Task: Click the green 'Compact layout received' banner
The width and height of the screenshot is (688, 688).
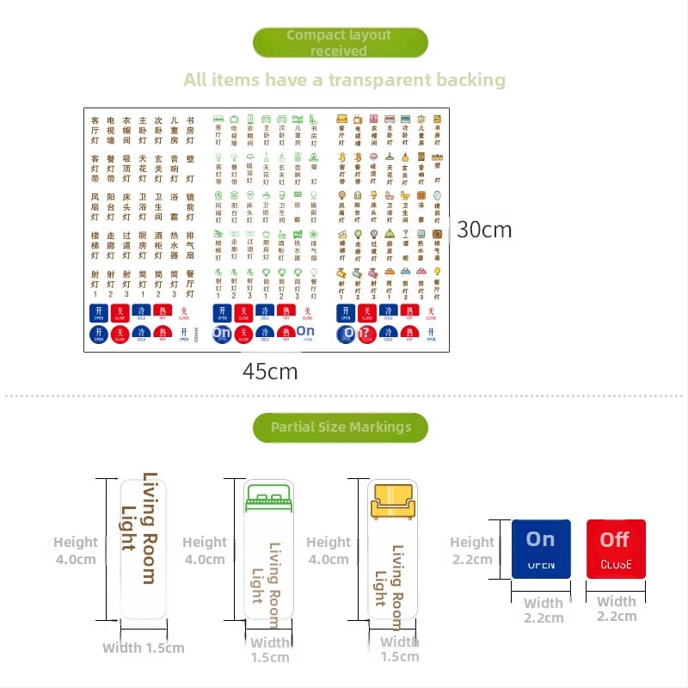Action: pyautogui.click(x=340, y=43)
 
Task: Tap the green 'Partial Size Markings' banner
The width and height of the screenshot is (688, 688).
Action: pyautogui.click(x=341, y=427)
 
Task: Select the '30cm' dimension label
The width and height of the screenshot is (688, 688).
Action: pyautogui.click(x=484, y=230)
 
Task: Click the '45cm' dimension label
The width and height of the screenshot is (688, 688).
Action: pyautogui.click(x=270, y=372)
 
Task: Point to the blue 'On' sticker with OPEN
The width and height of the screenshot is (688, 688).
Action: pyautogui.click(x=541, y=548)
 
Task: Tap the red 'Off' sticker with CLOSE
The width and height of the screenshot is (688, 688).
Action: pyautogui.click(x=616, y=548)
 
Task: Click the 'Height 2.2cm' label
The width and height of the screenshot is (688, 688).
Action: pyautogui.click(x=471, y=550)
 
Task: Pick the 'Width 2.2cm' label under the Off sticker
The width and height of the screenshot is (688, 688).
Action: pyautogui.click(x=616, y=609)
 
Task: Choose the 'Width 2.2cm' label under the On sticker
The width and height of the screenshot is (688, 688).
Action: pyautogui.click(x=543, y=611)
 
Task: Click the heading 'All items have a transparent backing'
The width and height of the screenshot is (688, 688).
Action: pyautogui.click(x=344, y=80)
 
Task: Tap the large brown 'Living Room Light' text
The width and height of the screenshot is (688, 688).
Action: pyautogui.click(x=138, y=528)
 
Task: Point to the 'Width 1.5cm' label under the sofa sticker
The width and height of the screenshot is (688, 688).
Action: pyautogui.click(x=399, y=649)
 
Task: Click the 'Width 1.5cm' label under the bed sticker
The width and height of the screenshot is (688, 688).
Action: pyautogui.click(x=269, y=649)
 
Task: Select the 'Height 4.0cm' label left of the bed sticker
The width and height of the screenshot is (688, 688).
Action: pyautogui.click(x=204, y=550)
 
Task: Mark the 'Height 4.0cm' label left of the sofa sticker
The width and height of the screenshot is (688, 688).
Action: pyautogui.click(x=328, y=550)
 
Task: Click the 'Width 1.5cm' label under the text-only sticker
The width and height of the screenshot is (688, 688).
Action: pyautogui.click(x=143, y=648)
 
